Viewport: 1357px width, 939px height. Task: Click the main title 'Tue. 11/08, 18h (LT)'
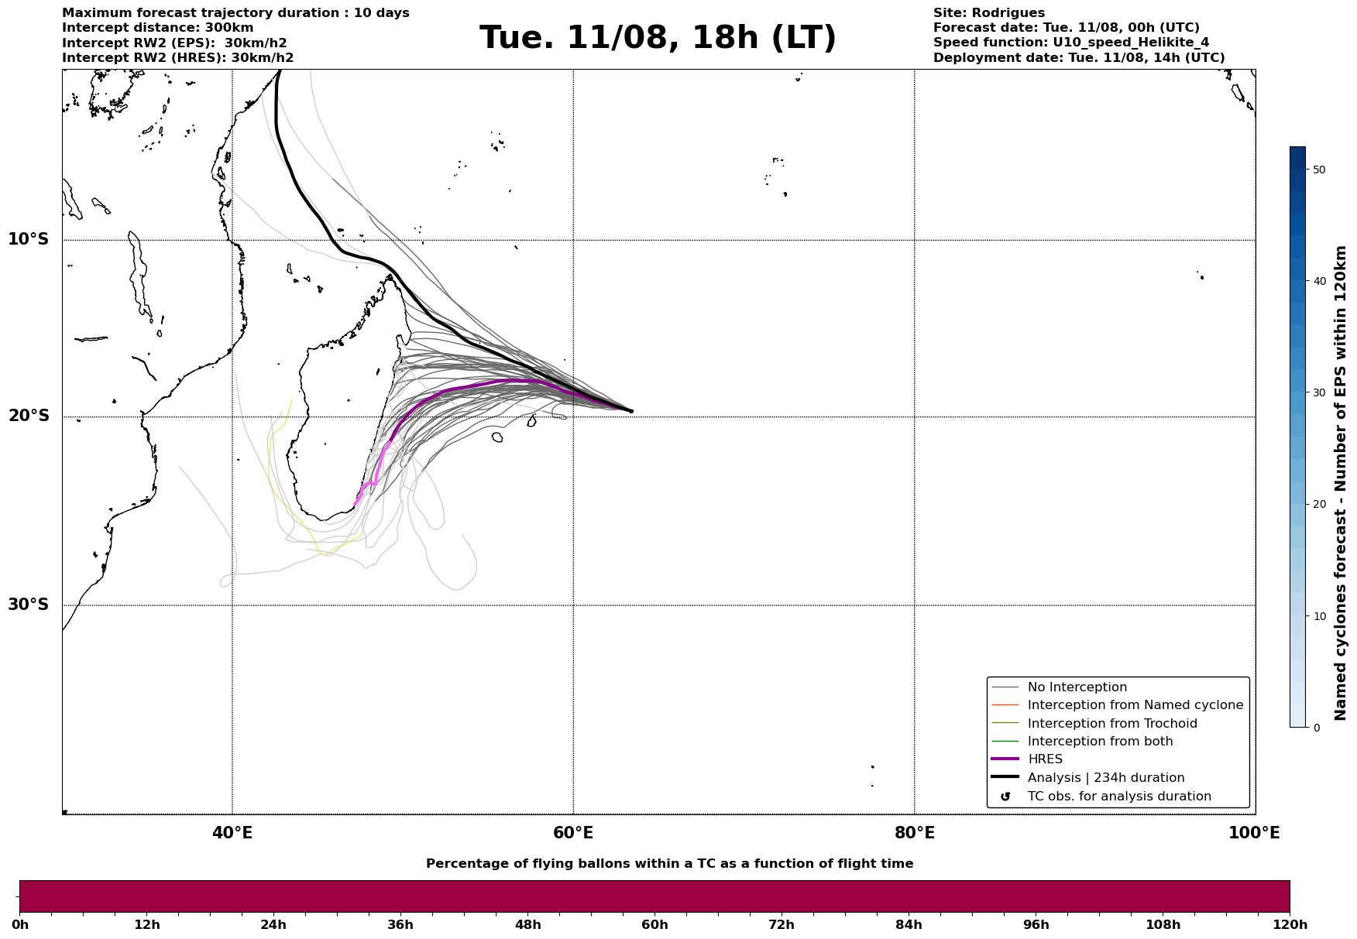pyautogui.click(x=658, y=38)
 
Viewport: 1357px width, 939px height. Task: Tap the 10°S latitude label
pyautogui.click(x=29, y=239)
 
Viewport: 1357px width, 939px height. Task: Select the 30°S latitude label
pyautogui.click(x=29, y=605)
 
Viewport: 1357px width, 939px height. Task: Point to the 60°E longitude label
pyautogui.click(x=573, y=833)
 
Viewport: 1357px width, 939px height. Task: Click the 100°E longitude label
pyautogui.click(x=1254, y=833)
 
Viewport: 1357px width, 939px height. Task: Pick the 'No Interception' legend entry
pyautogui.click(x=1077, y=687)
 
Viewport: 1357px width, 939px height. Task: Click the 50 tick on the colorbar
pyautogui.click(x=1320, y=170)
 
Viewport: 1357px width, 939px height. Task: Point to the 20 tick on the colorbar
pyautogui.click(x=1320, y=505)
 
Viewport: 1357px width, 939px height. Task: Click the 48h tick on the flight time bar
pyautogui.click(x=528, y=924)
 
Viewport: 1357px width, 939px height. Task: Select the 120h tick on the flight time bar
pyautogui.click(x=1290, y=924)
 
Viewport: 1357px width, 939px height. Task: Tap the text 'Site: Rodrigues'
pyautogui.click(x=989, y=13)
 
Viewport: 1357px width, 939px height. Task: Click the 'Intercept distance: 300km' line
pyautogui.click(x=158, y=28)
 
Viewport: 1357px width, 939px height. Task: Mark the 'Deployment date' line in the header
pyautogui.click(x=1079, y=58)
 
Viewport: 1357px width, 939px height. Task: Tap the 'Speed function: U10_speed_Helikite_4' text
pyautogui.click(x=1071, y=43)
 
